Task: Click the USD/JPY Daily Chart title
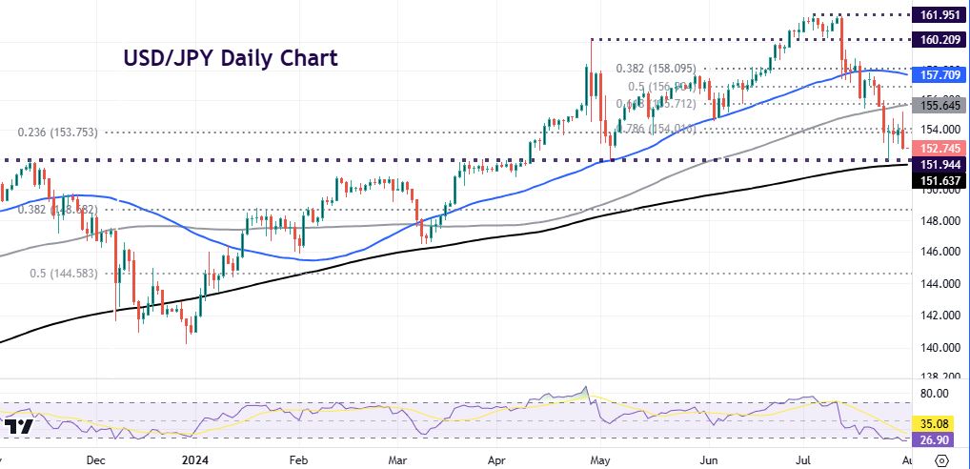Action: pos(230,58)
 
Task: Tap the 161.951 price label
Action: pos(937,15)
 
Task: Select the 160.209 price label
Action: pos(937,40)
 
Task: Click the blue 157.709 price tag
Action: pos(937,74)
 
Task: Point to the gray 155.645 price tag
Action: pos(937,105)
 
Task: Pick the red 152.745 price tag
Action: pos(937,148)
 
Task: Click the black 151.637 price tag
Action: pos(937,179)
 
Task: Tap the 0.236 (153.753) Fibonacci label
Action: pos(61,133)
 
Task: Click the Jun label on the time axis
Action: pos(705,458)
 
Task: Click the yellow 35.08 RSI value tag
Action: pos(938,422)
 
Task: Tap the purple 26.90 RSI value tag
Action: pos(938,439)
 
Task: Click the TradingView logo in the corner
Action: pos(18,426)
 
